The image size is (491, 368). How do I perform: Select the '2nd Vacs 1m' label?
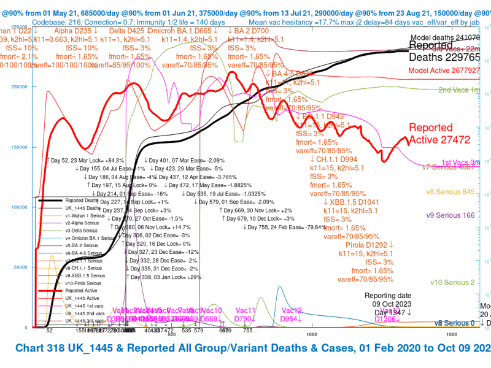pyautogui.click(x=459, y=90)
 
